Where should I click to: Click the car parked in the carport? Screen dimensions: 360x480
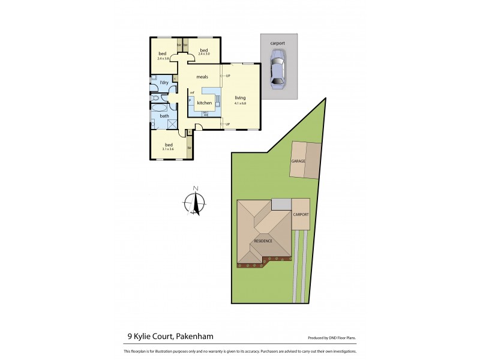pos(278,69)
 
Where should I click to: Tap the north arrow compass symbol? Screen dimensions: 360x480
pos(195,203)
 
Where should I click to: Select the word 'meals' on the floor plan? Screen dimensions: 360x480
pos(202,76)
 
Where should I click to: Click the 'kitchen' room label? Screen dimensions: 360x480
pos(205,103)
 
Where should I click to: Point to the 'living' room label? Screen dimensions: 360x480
pos(240,98)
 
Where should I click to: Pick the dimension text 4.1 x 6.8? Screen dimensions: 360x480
pos(240,103)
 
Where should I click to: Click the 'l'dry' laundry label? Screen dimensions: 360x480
pos(164,82)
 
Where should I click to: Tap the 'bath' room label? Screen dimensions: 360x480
pos(164,116)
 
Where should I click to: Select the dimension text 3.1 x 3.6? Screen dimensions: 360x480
pos(169,149)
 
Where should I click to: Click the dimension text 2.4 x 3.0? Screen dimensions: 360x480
pos(203,54)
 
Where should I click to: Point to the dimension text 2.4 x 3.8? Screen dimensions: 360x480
pos(163,58)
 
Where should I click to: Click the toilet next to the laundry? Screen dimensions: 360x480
pos(156,97)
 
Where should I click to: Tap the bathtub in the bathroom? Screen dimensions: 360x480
pos(160,108)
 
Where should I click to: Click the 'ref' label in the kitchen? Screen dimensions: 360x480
pos(192,92)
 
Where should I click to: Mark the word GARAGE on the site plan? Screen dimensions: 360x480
pos(298,161)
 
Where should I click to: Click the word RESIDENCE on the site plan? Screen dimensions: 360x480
pos(263,241)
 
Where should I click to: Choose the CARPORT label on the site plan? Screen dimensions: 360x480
pos(300,214)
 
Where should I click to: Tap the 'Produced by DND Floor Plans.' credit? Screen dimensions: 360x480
pos(333,338)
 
